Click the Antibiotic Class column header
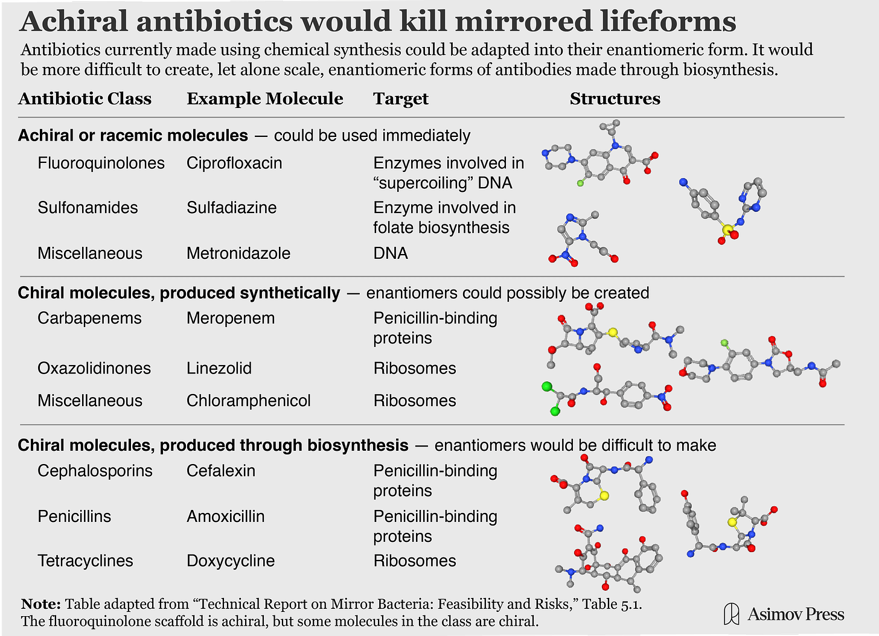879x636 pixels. (x=85, y=99)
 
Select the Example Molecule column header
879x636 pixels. (x=264, y=99)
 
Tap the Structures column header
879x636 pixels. (x=615, y=99)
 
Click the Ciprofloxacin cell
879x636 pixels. (x=234, y=164)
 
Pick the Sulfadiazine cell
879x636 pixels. (x=231, y=208)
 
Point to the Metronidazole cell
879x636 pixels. (x=238, y=253)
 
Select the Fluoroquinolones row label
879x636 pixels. (x=101, y=164)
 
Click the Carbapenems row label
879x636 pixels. (x=89, y=319)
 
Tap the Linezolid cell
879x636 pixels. (x=219, y=369)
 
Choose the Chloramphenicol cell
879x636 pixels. (x=248, y=401)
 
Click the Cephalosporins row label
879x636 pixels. (x=95, y=471)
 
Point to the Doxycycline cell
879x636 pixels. (x=231, y=561)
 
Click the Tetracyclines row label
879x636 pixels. (x=85, y=561)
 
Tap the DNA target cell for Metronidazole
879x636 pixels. (x=391, y=253)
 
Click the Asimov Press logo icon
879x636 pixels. (x=731, y=614)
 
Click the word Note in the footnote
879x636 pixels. (x=40, y=604)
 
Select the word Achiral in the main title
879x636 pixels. (x=75, y=22)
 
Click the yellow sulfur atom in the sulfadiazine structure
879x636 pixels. (x=727, y=229)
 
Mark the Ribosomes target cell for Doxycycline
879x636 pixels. (x=415, y=561)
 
